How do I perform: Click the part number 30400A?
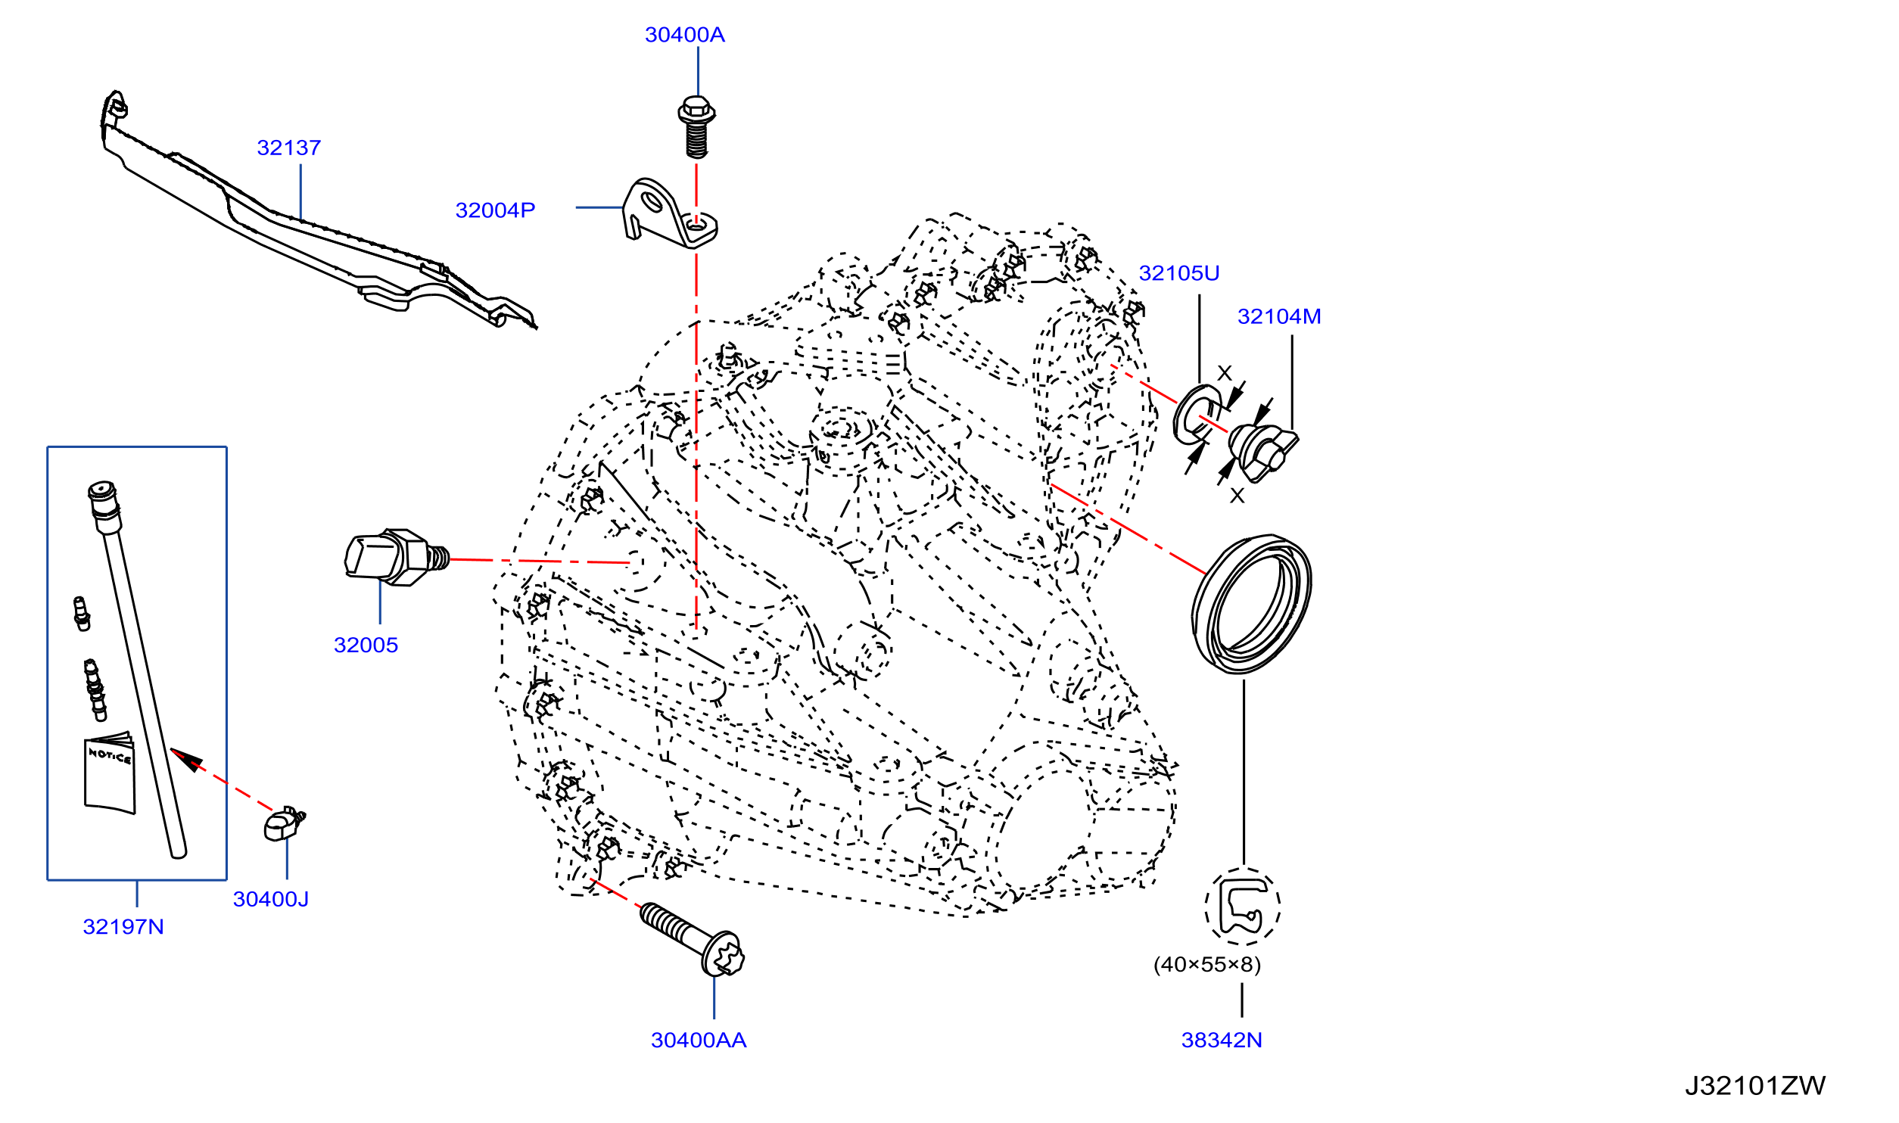(x=684, y=35)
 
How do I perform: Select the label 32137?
(x=288, y=148)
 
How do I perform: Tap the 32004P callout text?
(x=495, y=210)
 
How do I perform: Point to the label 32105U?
(x=1178, y=273)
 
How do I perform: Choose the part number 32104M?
(x=1278, y=316)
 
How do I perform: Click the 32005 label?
(x=366, y=645)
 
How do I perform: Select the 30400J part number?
(x=270, y=899)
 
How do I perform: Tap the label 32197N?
(x=123, y=927)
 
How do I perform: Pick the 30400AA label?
(x=698, y=1041)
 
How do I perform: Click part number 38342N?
(x=1221, y=1041)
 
